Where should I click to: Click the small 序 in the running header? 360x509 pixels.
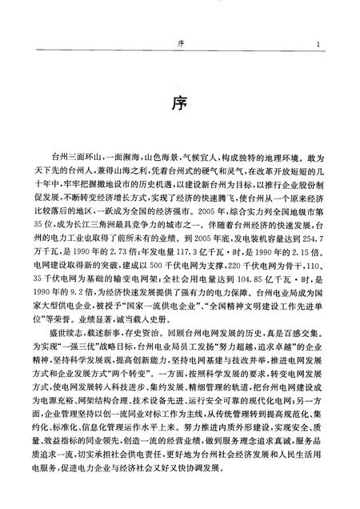coord(180,45)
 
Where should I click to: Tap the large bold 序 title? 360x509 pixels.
coord(180,102)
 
